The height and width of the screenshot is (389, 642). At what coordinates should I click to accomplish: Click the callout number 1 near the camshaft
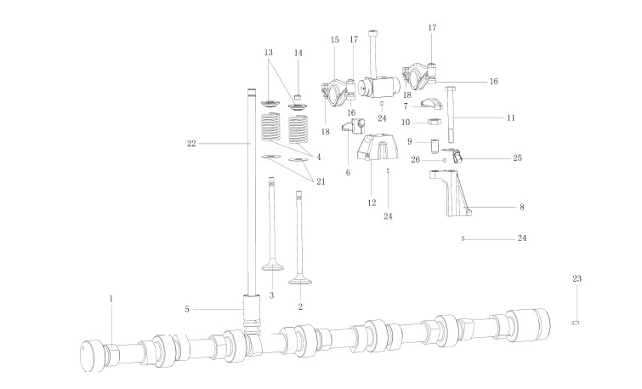click(110, 298)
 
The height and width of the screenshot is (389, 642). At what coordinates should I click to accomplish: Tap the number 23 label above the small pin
click(577, 279)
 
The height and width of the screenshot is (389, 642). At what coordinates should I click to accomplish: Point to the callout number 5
click(186, 308)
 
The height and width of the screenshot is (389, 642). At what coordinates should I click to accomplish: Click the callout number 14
click(298, 53)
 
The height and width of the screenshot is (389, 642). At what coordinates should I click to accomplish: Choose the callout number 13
click(269, 53)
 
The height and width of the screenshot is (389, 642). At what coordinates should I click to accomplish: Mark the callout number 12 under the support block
click(372, 203)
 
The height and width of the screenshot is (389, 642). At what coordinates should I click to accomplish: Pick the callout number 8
click(522, 207)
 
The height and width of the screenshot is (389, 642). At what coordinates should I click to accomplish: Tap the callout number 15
click(334, 40)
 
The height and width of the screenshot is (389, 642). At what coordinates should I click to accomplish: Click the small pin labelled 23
click(576, 322)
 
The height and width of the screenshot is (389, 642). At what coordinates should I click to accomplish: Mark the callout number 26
click(416, 158)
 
